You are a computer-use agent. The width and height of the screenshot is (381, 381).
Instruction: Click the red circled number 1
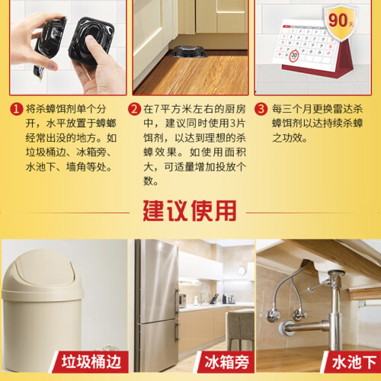tap(16, 109)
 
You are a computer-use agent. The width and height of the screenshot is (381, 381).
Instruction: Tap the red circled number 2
tap(134, 109)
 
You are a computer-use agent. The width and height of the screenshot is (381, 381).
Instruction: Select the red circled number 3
tap(261, 109)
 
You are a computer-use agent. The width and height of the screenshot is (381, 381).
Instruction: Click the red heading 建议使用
tap(190, 211)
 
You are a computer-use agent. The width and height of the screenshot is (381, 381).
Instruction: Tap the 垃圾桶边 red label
tap(90, 362)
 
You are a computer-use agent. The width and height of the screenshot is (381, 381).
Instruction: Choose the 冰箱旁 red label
tap(226, 362)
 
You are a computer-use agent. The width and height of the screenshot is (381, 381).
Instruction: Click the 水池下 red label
tap(353, 362)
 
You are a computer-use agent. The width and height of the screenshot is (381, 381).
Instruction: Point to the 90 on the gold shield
tap(338, 20)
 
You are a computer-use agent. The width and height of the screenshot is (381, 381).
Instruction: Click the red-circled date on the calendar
tap(294, 55)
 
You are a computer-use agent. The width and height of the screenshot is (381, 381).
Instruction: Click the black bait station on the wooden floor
tap(188, 52)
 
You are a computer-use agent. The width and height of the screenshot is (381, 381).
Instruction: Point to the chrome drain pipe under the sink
tap(336, 312)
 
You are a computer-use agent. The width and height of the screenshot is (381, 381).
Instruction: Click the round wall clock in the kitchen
tap(242, 271)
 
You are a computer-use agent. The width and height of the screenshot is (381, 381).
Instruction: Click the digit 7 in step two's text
tap(157, 109)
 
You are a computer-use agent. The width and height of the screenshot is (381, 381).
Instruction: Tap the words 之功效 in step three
tap(290, 138)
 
